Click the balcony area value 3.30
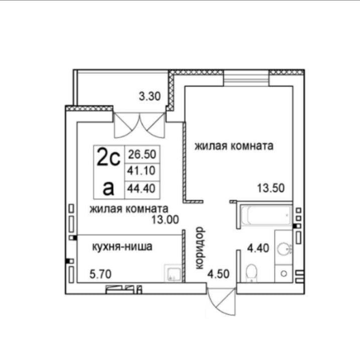[x=150, y=96]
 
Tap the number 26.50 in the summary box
[x=142, y=154]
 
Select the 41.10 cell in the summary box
[x=142, y=171]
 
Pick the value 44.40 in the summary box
[x=142, y=188]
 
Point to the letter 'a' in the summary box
[x=108, y=189]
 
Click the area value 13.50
[x=271, y=188]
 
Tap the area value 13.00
[x=165, y=220]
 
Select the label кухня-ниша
[x=122, y=247]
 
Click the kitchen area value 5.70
[x=100, y=274]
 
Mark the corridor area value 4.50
[x=218, y=274]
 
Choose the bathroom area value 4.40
[x=258, y=248]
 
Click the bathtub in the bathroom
[x=266, y=215]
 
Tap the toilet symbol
[x=251, y=273]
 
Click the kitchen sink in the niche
[x=173, y=273]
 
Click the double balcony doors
[x=140, y=125]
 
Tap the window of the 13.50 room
[x=246, y=78]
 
